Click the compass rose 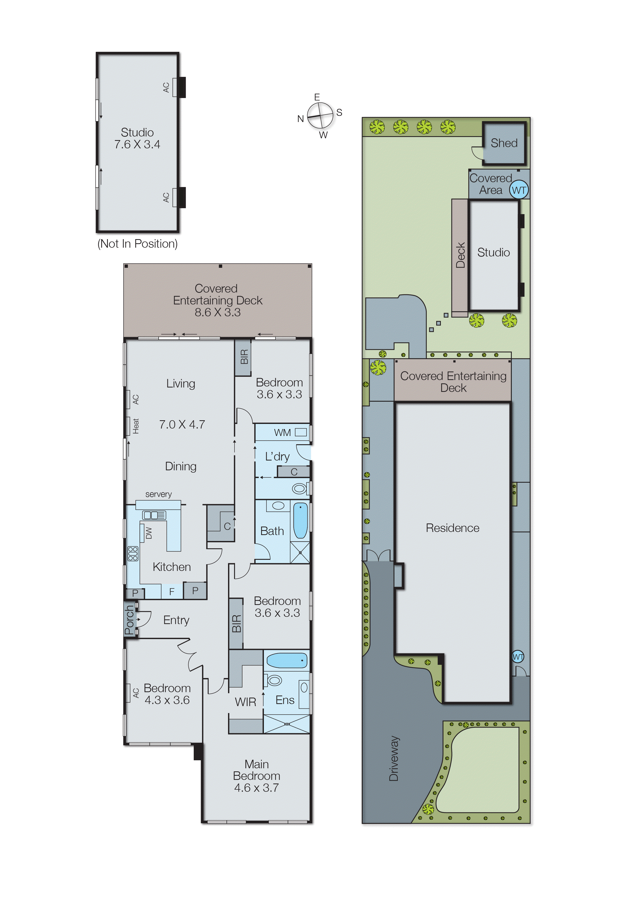click(320, 116)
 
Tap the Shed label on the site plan click(504, 143)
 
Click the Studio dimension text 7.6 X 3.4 click(137, 145)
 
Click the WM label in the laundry click(282, 433)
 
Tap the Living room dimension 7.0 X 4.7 click(182, 425)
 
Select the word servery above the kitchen click(158, 494)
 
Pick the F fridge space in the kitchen click(172, 592)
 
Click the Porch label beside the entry click(129, 620)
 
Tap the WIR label click(245, 702)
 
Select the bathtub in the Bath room click(300, 521)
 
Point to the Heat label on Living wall click(136, 426)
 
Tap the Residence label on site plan click(452, 528)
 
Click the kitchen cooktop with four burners click(133, 553)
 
